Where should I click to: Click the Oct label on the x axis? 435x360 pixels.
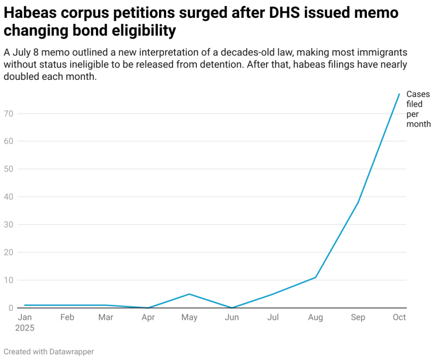(x=399, y=318)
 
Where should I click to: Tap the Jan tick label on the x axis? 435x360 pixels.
(x=25, y=318)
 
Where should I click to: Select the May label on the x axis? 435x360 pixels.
(x=190, y=318)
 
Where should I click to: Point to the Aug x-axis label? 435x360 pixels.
(x=316, y=318)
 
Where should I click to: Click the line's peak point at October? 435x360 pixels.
(x=399, y=94)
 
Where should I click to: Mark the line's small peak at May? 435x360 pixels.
(x=190, y=294)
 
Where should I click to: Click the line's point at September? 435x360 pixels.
(x=358, y=202)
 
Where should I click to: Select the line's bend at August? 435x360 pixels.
(x=316, y=277)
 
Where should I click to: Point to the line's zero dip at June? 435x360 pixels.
(x=232, y=308)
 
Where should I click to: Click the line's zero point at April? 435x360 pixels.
(x=148, y=308)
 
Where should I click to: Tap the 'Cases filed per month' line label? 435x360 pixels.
(x=418, y=109)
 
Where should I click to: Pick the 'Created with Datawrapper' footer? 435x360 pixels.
(x=49, y=352)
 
